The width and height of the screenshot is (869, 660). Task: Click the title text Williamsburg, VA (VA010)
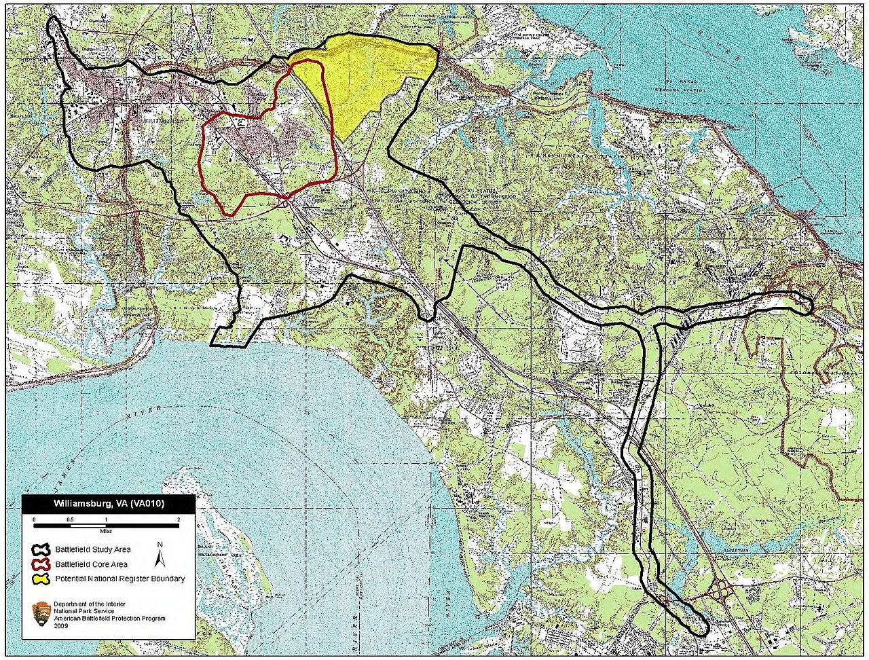click(109, 505)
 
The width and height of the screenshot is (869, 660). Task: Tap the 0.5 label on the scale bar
click(70, 519)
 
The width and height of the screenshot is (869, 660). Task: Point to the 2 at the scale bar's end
click(178, 519)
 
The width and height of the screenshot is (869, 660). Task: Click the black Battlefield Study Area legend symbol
click(41, 549)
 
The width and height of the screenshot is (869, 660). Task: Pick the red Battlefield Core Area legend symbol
click(41, 564)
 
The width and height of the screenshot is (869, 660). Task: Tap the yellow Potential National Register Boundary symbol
click(41, 579)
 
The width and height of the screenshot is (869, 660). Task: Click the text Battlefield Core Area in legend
click(91, 564)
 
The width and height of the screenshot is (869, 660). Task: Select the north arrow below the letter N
click(160, 558)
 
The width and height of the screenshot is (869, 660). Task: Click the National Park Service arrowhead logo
click(41, 613)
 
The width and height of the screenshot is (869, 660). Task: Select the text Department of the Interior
click(89, 604)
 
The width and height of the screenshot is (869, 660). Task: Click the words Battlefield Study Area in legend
click(93, 549)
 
